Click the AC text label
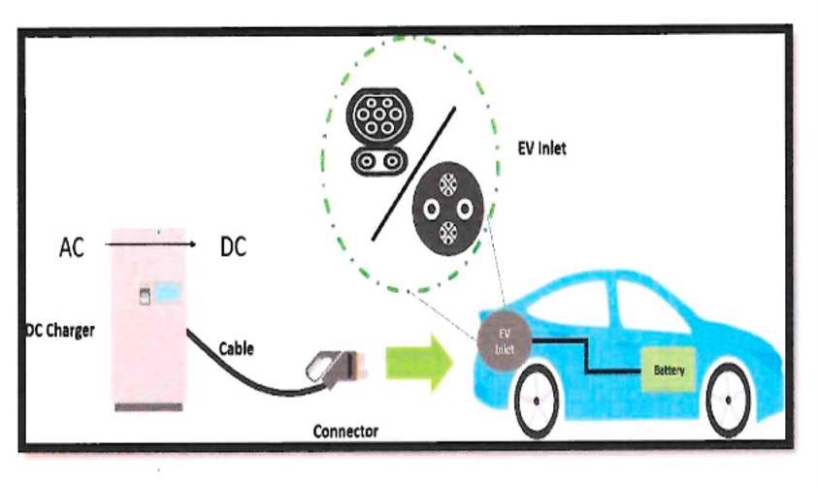(x=72, y=247)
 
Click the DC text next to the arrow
(x=233, y=247)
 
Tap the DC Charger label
(x=60, y=331)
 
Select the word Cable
(x=236, y=349)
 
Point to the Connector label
(x=345, y=432)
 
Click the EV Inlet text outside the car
(x=542, y=148)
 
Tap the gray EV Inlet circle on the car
(x=504, y=341)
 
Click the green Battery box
(x=669, y=371)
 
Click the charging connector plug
(x=337, y=368)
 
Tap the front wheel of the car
(x=537, y=401)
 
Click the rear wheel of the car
(x=728, y=401)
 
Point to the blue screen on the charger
(x=167, y=292)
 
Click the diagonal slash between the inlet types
(x=413, y=174)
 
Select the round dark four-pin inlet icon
(x=448, y=209)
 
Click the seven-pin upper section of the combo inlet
(x=379, y=115)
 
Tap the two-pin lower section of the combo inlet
(x=379, y=161)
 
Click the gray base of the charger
(x=148, y=407)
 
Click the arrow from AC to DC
(x=150, y=243)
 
